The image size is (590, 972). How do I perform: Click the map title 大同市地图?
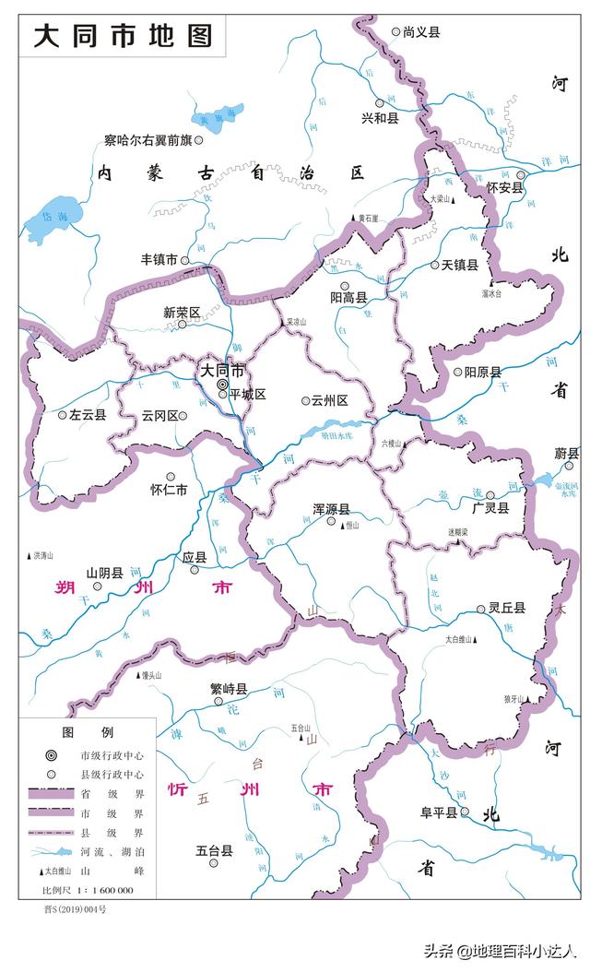point(123,36)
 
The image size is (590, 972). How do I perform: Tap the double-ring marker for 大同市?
point(222,385)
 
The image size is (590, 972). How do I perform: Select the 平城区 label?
point(247,395)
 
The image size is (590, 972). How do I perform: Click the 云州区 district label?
point(329,400)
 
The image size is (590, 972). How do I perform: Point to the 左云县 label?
point(88,415)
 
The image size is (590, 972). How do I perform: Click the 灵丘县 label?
point(506,608)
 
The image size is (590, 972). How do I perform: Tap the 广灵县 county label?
point(490,507)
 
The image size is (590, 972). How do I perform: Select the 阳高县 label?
point(348,298)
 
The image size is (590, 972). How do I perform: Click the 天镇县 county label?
point(459,265)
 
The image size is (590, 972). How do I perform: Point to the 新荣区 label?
point(182,313)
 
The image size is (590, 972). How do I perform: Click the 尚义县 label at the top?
point(421,31)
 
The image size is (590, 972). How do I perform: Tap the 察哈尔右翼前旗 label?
point(147,140)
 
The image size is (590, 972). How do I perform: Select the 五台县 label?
point(214,851)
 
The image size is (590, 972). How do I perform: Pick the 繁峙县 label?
point(229,689)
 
